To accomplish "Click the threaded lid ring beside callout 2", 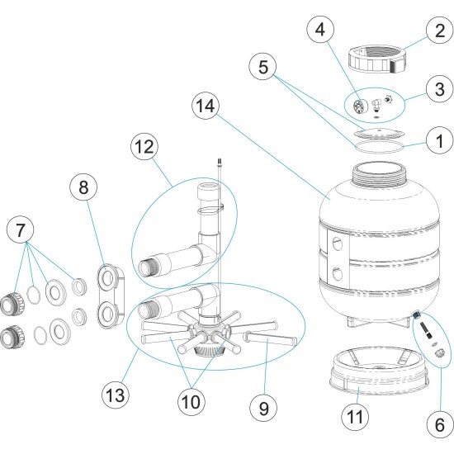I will (377, 59).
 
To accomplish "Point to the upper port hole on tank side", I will (338, 241).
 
